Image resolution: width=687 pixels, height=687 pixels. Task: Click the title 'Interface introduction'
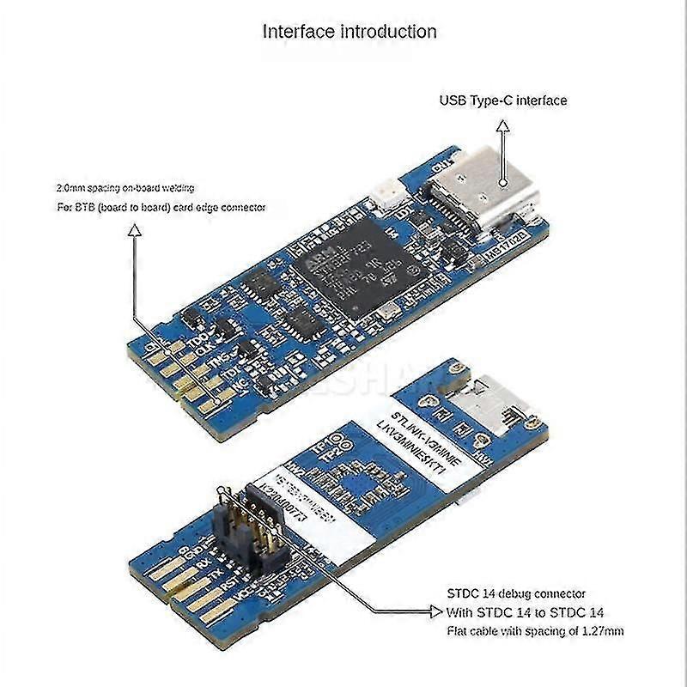(x=350, y=33)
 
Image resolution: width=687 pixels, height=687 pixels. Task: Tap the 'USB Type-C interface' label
(x=503, y=100)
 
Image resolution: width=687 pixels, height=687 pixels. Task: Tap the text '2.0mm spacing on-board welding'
(x=125, y=186)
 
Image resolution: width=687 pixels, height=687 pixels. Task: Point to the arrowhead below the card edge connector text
(x=133, y=229)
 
